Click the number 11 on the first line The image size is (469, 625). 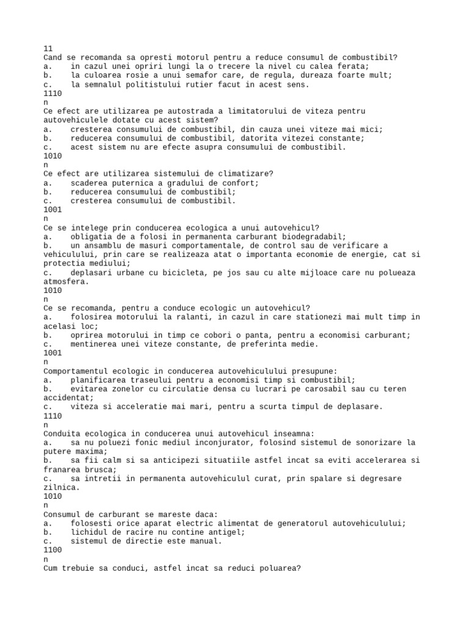click(x=48, y=48)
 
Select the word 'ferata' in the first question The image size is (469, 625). click(x=354, y=67)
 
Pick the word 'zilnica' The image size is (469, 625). click(x=60, y=487)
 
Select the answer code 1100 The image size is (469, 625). click(x=53, y=549)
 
